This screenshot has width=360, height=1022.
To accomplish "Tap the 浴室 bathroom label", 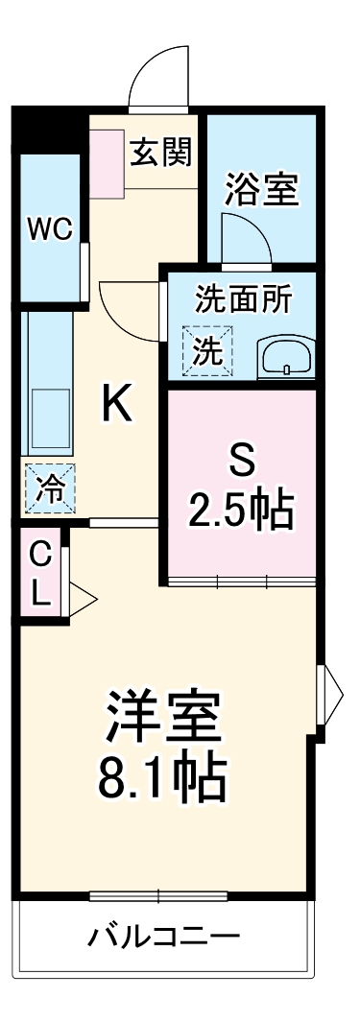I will (261, 187).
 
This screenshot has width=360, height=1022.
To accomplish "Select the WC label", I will (49, 230).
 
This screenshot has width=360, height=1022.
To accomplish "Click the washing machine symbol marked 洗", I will (207, 351).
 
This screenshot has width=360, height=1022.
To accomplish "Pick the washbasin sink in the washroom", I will (284, 358).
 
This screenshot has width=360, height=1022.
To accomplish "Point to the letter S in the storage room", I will (241, 462).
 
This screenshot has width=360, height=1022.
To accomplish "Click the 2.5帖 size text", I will (240, 512).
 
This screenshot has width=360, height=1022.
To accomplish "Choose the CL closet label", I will (40, 573).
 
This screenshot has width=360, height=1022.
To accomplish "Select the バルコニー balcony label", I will (165, 936).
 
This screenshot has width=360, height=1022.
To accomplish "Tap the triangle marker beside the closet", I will (81, 600).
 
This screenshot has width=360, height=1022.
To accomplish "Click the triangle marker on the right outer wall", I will (332, 686).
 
